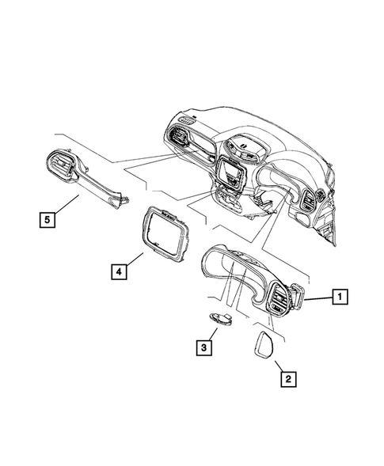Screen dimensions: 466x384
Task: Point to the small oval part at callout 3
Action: tap(222, 318)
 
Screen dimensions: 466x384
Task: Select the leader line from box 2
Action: tap(279, 364)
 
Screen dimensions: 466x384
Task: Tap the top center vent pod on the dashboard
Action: tap(242, 147)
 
